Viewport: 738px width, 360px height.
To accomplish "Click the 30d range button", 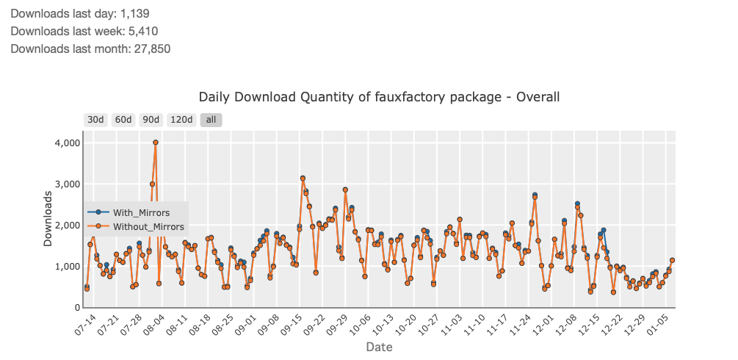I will point(95,120).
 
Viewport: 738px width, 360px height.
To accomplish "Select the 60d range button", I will point(123,120).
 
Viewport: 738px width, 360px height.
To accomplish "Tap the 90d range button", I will point(151,120).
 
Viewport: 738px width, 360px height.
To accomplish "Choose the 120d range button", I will point(181,120).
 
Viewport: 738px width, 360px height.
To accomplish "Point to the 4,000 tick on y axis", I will point(67,143).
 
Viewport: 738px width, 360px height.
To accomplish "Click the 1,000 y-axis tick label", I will point(67,266).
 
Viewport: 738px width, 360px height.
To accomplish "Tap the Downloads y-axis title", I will point(47,218).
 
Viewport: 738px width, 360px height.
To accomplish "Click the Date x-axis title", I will point(379,347).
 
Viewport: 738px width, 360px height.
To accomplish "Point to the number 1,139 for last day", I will point(134,13).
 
